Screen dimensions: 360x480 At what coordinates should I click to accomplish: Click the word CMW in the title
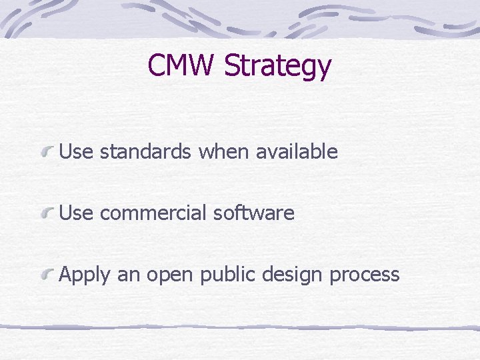182,65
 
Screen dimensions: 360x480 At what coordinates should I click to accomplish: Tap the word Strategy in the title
277,67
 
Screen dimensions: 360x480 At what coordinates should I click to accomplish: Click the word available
297,152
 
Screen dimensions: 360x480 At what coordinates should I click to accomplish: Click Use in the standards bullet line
75,152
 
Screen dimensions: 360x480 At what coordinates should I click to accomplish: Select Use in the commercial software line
75,213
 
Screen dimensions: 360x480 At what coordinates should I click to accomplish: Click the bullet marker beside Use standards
47,153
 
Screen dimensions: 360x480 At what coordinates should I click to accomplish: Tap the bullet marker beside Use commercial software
47,214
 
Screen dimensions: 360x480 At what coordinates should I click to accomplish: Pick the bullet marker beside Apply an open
47,275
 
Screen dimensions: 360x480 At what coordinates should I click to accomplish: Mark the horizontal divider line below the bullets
240,327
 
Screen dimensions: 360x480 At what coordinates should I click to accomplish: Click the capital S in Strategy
233,65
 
